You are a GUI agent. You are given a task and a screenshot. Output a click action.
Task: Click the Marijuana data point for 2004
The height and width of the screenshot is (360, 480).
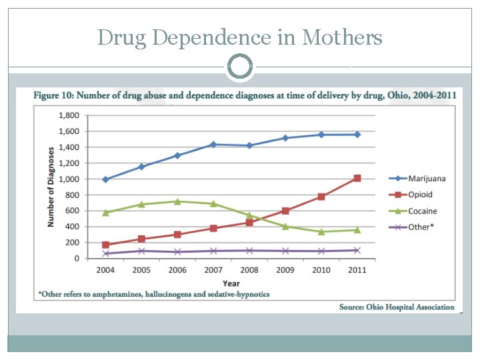105,179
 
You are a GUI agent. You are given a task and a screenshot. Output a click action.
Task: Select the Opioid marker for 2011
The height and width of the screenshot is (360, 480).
357,178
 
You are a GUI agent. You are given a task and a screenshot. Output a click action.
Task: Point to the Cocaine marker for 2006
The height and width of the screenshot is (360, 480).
177,201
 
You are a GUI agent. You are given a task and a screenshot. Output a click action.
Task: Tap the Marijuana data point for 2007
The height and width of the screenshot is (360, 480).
213,144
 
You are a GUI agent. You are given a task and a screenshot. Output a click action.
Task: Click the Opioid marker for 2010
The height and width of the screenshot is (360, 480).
321,197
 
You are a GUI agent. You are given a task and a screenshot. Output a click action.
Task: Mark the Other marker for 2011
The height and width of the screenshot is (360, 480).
357,251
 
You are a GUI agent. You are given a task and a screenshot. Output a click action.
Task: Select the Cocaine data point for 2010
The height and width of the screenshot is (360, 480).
321,232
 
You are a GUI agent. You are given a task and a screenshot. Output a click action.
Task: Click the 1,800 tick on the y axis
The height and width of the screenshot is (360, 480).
69,115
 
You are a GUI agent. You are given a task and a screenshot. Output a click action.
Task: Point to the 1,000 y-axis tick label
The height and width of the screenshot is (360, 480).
69,179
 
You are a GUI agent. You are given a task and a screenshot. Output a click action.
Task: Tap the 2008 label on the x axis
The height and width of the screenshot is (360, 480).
249,271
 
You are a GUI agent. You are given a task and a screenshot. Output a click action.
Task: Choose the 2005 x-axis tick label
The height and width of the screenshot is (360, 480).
141,271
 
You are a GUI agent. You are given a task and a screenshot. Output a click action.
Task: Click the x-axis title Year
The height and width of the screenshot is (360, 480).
231,283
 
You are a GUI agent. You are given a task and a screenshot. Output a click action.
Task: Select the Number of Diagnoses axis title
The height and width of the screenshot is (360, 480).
51,187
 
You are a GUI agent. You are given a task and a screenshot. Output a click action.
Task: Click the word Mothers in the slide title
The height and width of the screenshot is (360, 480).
342,37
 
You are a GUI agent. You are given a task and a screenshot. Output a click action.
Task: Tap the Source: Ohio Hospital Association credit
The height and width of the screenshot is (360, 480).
397,307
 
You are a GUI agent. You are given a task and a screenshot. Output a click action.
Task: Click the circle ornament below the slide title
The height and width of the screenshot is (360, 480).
240,67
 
